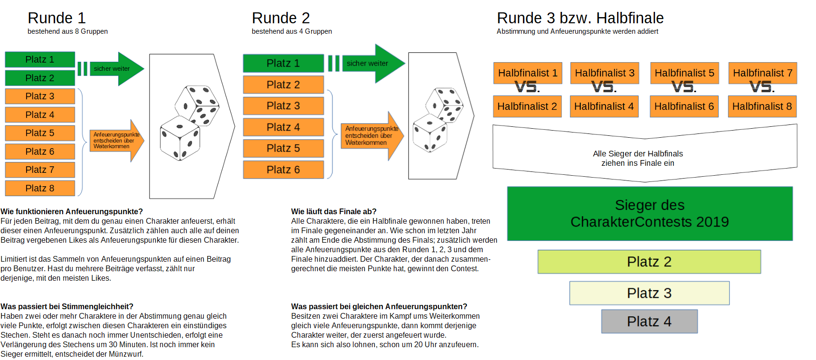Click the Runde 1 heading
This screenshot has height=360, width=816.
coord(57,18)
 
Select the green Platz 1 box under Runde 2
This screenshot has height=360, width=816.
coord(283,63)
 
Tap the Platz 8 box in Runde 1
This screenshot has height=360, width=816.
coord(40,188)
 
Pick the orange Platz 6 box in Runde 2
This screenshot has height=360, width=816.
coord(283,170)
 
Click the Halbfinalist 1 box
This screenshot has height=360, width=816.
coord(528,73)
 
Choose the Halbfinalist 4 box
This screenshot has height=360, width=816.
coord(604,106)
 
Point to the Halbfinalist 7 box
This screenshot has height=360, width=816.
coord(762,73)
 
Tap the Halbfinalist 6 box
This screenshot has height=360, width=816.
coord(684,106)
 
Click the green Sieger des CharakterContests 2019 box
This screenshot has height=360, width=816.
coord(649,213)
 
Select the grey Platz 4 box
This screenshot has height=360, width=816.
coord(649,322)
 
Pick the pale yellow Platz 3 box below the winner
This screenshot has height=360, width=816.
coord(649,293)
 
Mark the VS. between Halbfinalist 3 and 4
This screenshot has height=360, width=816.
coord(604,87)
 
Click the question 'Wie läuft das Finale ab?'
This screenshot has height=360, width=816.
coord(333,211)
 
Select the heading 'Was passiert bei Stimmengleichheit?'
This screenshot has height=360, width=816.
coord(67,306)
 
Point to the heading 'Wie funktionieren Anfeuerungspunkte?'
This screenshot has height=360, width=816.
coord(72,211)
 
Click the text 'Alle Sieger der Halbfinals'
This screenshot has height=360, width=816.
coord(637,153)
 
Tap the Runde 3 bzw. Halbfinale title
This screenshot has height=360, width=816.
coord(580,18)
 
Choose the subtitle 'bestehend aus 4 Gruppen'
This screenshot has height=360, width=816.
coord(292,31)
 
